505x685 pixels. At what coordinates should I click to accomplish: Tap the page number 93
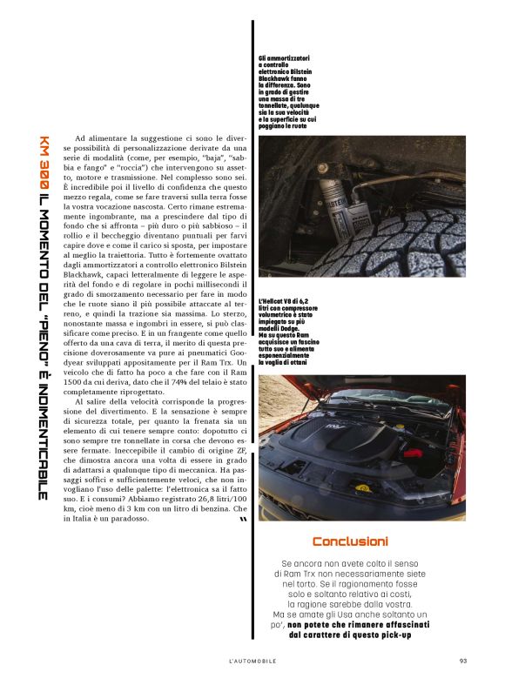point(463,660)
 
